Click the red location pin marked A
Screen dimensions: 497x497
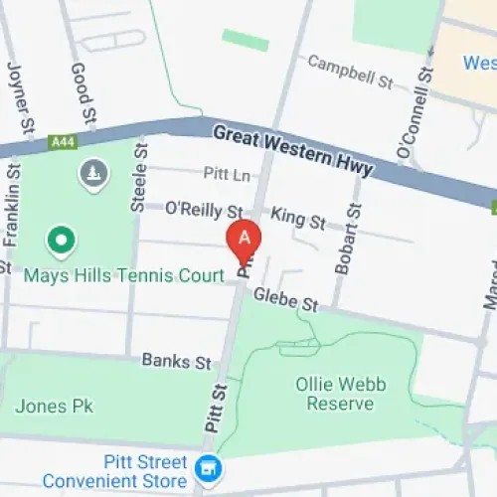[244, 240]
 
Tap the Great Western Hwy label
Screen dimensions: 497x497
[292, 149]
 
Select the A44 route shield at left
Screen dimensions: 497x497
[62, 143]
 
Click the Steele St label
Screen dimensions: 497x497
[139, 178]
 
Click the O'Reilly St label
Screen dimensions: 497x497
[203, 210]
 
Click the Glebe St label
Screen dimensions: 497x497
[284, 298]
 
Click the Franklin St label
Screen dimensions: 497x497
[12, 213]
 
